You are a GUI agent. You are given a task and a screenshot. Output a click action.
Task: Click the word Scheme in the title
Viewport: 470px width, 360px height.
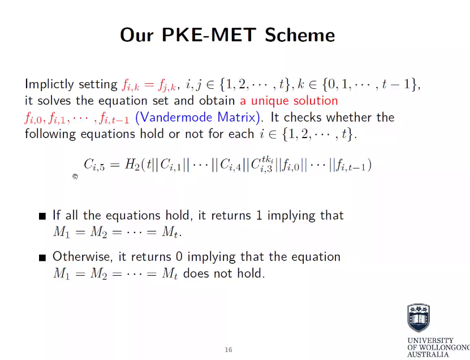(x=300, y=35)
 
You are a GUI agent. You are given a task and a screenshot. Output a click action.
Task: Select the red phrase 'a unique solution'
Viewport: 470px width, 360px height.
(x=288, y=101)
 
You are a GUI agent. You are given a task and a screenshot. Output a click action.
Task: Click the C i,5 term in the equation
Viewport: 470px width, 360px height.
(x=94, y=165)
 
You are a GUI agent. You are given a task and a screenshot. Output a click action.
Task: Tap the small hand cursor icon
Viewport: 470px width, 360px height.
(x=75, y=177)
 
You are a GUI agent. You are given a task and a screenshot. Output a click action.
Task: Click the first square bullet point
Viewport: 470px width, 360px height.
(x=42, y=216)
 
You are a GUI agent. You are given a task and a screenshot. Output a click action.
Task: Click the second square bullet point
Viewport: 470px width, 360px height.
(x=42, y=258)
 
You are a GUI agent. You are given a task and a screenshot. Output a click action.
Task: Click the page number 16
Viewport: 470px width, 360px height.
(x=228, y=350)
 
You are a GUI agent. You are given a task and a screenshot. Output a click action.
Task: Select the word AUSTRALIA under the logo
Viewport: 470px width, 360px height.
(x=428, y=354)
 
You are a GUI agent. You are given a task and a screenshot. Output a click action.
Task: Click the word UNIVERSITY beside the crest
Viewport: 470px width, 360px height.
(x=430, y=341)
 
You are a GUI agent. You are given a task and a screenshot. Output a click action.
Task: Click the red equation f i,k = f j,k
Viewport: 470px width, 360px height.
(x=148, y=85)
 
